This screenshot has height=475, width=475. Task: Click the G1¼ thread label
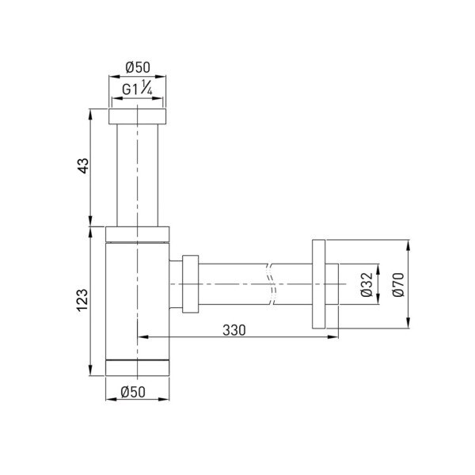[138, 89]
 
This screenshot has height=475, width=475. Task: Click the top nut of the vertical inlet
[138, 116]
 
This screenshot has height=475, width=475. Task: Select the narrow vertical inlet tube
[138, 174]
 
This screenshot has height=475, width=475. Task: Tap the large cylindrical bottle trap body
[138, 301]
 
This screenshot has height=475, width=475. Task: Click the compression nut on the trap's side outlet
[190, 283]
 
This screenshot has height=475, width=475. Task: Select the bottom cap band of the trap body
[138, 369]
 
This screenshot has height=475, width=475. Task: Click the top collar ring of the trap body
[138, 232]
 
